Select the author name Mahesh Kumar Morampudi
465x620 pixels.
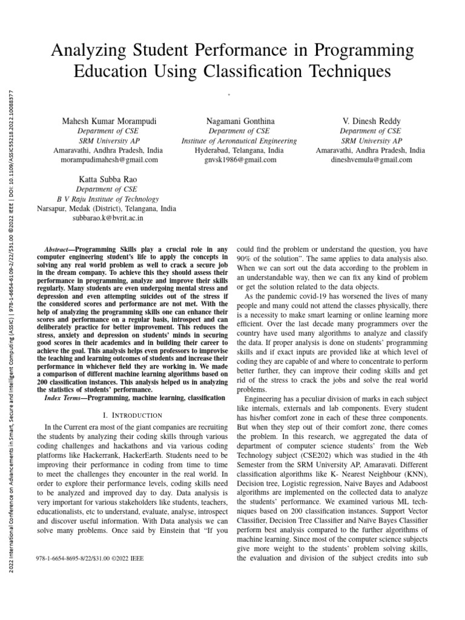pyautogui.click(x=109, y=122)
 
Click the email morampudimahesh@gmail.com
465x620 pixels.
pyautogui.click(x=109, y=160)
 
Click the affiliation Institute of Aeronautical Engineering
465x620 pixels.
pyautogui.click(x=239, y=141)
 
